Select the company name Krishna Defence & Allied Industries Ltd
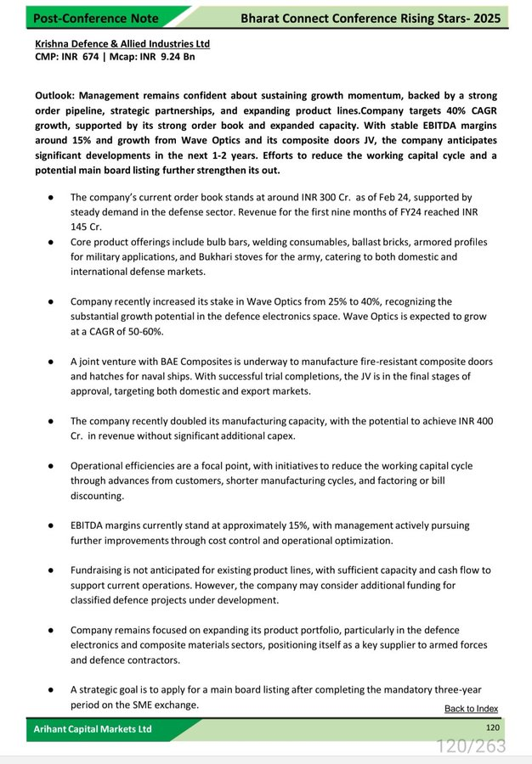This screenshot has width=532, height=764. click(122, 43)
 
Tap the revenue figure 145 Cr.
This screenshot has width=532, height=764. click(82, 227)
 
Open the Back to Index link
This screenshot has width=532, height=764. click(471, 709)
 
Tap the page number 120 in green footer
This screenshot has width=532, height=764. click(492, 727)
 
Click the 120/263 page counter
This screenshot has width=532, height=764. click(471, 746)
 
